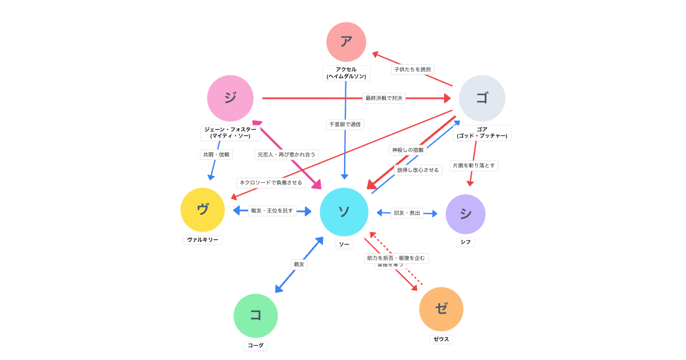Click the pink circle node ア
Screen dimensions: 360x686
coord(346,42)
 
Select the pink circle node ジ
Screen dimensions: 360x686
coord(230,98)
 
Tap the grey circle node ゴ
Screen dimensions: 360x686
coord(482,98)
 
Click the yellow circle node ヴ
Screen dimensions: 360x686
coord(202,210)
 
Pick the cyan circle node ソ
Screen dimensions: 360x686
coord(344,212)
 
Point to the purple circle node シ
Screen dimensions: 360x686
coord(465,214)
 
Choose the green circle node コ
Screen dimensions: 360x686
coord(256,315)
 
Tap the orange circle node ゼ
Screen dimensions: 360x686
coord(441,309)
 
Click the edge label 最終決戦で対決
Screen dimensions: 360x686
coord(384,98)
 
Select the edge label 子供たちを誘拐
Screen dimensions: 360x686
coord(412,69)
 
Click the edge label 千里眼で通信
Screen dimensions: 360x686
coord(345,124)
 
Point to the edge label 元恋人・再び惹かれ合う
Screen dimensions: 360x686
coord(286,154)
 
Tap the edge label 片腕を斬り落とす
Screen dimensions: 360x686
coord(474,166)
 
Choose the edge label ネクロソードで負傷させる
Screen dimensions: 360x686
coord(271,183)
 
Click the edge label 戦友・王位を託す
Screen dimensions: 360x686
coord(272,211)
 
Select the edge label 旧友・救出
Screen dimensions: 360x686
coord(407,213)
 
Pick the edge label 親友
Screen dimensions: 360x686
coord(299,265)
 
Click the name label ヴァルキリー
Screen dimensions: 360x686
coord(202,240)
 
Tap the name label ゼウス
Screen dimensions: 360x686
coord(441,339)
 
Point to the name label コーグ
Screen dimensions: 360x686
coord(256,346)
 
